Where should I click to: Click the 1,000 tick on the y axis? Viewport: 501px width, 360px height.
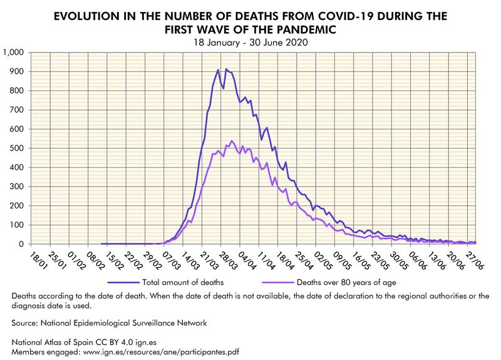point(13,53)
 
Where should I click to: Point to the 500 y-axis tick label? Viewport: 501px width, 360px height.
point(16,148)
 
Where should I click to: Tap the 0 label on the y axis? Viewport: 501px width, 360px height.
point(21,244)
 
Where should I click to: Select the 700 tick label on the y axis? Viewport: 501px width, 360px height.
point(16,110)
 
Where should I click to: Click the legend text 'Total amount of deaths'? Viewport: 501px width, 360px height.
point(182,282)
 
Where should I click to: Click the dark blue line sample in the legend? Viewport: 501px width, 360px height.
point(123,282)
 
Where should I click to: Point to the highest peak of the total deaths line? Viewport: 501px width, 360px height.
point(226,69)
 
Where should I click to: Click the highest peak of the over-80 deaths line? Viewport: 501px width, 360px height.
point(231,141)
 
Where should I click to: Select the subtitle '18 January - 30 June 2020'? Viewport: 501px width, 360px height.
point(250,43)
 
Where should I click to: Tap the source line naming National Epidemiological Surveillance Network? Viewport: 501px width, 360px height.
point(109,323)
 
